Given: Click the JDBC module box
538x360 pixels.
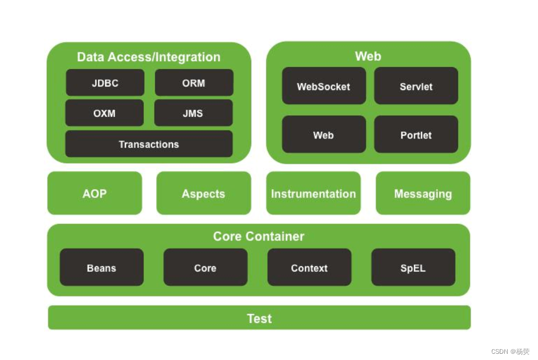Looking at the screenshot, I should pos(105,83).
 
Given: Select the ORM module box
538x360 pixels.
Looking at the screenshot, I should pos(194,83).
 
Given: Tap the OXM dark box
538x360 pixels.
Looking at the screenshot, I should pos(105,113).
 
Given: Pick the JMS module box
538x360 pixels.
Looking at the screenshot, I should pos(193,113).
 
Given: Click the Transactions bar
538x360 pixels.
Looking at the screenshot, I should pos(149,144).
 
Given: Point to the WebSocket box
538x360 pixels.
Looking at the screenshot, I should pos(324,86).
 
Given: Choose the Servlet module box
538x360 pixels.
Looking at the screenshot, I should pos(416,86).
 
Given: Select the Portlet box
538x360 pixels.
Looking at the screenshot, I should pos(416,134).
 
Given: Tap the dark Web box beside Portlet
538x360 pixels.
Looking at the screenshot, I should pos(324,134).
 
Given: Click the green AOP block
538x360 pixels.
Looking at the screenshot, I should pos(94,193).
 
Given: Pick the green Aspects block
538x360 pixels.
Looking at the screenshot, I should pos(204,193).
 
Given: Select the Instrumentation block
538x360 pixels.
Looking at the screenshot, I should pos(313,193).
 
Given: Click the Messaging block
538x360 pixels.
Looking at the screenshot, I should pos(423,193).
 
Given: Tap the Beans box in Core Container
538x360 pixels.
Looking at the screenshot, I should pos(102,268).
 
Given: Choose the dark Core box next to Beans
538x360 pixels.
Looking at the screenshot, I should pos(205,268).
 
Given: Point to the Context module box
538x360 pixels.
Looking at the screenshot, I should pos(309,268).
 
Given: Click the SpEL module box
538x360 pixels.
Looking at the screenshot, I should pos(413,268).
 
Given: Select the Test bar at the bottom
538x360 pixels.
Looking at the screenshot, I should pos(259,318).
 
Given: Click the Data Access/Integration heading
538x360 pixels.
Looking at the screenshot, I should pos(149,57).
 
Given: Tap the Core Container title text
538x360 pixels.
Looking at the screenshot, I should pos(259,236).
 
